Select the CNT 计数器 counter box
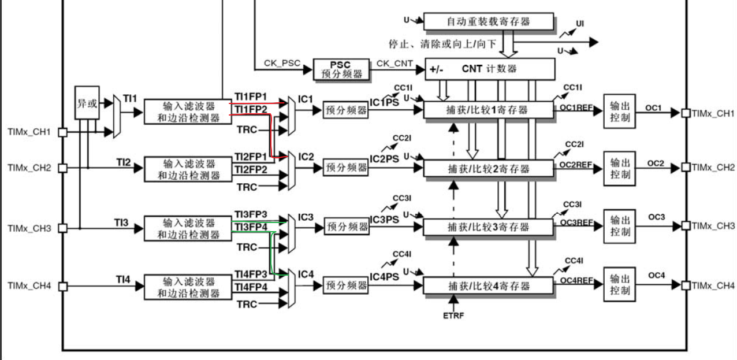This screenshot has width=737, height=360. point(490,69)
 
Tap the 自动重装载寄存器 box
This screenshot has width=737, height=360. point(488,21)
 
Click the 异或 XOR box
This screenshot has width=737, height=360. point(87,104)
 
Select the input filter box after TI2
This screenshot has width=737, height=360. point(188,169)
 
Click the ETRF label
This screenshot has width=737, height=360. point(453,316)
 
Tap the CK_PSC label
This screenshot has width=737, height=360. point(282,63)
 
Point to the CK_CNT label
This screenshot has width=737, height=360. point(395,63)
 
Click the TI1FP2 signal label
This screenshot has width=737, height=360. point(250,109)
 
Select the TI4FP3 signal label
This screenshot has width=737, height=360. point(250,273)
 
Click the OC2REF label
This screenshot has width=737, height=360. point(576,165)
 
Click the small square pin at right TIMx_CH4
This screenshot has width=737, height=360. point(685,285)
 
